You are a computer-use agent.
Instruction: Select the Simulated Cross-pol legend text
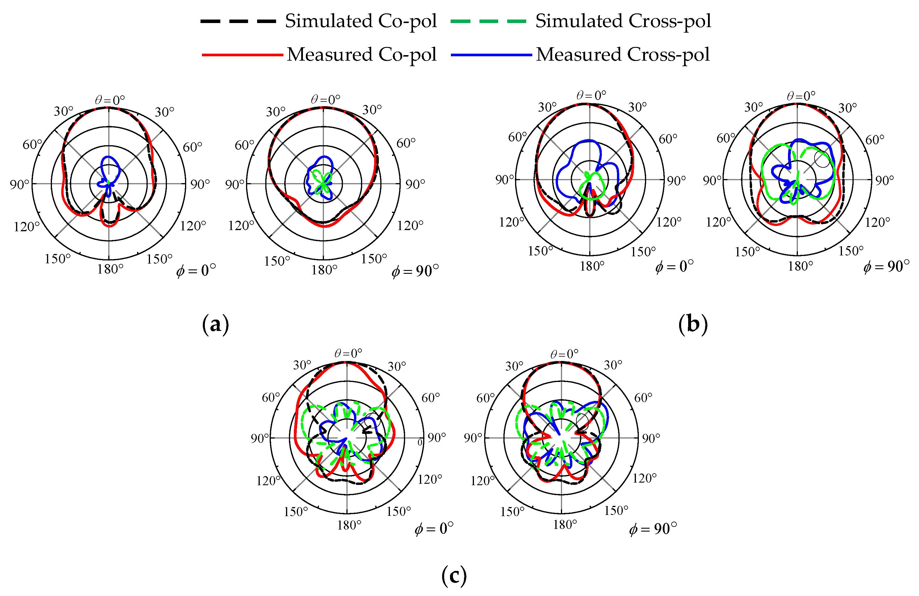tap(622, 21)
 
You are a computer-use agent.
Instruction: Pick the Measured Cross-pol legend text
tap(622, 55)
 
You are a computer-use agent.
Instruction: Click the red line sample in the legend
tap(242, 55)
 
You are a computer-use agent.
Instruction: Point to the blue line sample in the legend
tap(491, 55)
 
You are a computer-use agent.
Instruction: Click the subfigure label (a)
tap(215, 325)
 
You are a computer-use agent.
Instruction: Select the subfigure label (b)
tap(693, 325)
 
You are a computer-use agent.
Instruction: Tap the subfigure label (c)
tap(454, 576)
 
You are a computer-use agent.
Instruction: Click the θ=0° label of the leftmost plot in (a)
tap(110, 100)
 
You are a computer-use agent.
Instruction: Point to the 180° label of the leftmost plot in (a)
tap(110, 269)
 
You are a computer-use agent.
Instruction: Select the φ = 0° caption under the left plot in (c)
tap(434, 528)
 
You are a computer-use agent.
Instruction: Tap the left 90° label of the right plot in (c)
tap(472, 438)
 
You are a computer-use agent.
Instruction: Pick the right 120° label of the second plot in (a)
tap(410, 225)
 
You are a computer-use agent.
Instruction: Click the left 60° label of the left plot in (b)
tap(517, 137)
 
